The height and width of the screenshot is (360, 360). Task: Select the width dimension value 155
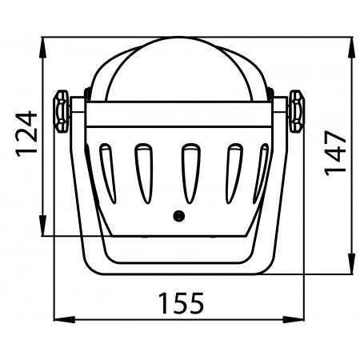180,303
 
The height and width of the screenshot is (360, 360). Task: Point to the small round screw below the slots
180,215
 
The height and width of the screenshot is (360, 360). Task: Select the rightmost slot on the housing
261,171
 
